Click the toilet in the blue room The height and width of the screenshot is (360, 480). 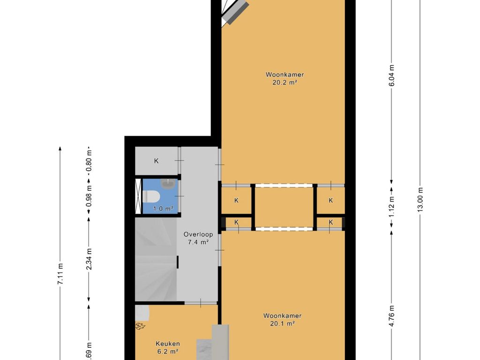pyautogui.click(x=151, y=196)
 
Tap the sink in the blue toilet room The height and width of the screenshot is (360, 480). pyautogui.click(x=168, y=184)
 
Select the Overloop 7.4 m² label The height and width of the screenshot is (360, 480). pyautogui.click(x=198, y=238)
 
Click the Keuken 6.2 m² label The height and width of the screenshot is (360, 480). pyautogui.click(x=168, y=347)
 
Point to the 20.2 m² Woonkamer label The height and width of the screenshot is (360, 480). pyautogui.click(x=285, y=78)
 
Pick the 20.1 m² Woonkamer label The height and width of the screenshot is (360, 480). pyautogui.click(x=282, y=319)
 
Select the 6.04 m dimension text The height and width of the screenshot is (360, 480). pyautogui.click(x=391, y=75)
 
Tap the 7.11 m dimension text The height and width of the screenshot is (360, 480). pyautogui.click(x=60, y=274)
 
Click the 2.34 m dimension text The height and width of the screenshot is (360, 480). pyautogui.click(x=89, y=259)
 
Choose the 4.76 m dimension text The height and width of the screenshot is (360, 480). pyautogui.click(x=391, y=316)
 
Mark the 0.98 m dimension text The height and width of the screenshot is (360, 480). pyautogui.click(x=89, y=195)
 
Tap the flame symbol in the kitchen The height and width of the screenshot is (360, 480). pyautogui.click(x=140, y=326)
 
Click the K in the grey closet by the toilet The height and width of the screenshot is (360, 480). pyautogui.click(x=157, y=161)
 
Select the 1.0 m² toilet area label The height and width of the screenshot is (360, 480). pyautogui.click(x=163, y=209)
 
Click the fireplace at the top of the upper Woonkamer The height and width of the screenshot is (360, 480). pyautogui.click(x=234, y=12)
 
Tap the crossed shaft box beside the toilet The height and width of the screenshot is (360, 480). pyautogui.click(x=138, y=196)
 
